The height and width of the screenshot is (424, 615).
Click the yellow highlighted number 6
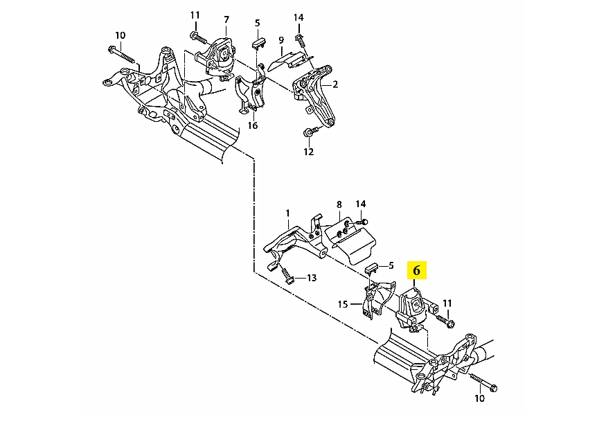coord(417,270)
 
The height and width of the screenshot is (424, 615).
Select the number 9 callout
coord(282,40)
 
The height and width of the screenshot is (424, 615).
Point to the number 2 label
coord(335,85)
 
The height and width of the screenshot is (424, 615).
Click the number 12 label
coord(308,152)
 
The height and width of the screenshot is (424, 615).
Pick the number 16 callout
coord(253,126)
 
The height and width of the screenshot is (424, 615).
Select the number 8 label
coord(339,204)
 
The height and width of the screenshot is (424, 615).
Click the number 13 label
coord(311,278)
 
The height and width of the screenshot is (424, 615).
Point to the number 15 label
coord(342,303)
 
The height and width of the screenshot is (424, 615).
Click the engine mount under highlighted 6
coord(413,309)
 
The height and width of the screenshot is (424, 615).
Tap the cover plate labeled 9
coord(285,60)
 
